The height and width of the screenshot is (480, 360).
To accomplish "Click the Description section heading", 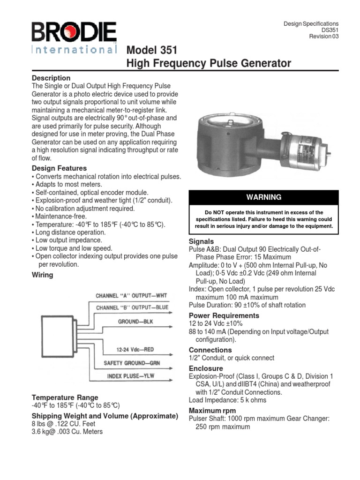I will (x=51, y=78).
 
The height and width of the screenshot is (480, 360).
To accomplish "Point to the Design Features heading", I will (x=59, y=168).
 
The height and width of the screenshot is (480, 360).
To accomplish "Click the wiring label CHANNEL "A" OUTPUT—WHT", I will (x=131, y=296).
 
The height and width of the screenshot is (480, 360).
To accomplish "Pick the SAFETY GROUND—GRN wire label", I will (x=134, y=363).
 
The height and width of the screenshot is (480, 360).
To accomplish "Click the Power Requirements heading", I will (x=224, y=315).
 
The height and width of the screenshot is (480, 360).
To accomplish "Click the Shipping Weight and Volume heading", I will (x=105, y=416).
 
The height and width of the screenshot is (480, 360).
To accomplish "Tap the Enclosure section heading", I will (x=206, y=368).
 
